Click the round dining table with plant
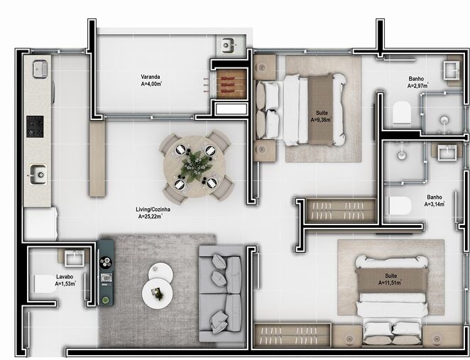pos(195,166)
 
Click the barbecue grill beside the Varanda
pos(229,84)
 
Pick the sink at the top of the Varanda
pos(229,45)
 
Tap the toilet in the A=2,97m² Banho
pos(401,112)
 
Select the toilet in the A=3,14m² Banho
pos(400,207)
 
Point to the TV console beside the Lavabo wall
pos(106,272)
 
